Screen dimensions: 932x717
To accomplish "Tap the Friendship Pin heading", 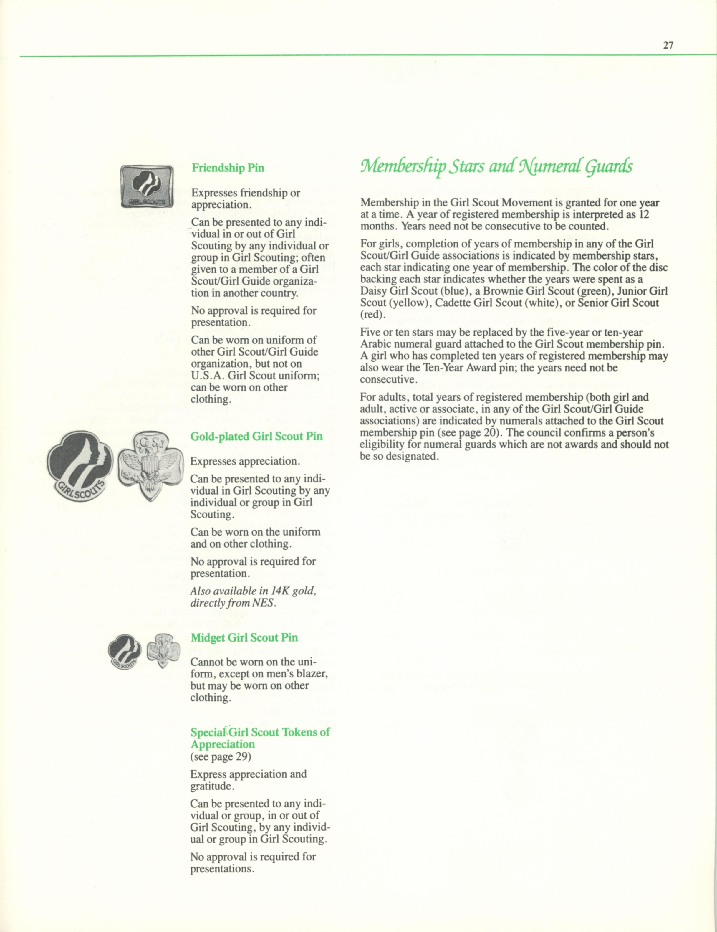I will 228,168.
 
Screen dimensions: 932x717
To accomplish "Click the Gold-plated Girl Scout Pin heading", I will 256,436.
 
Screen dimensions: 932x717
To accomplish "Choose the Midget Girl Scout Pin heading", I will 244,637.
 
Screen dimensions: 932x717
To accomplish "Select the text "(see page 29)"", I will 221,757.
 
